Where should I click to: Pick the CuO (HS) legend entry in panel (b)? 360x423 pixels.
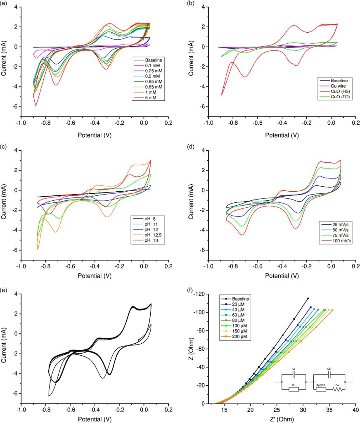pyautogui.click(x=334, y=91)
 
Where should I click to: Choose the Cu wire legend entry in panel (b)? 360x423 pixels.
pyautogui.click(x=334, y=86)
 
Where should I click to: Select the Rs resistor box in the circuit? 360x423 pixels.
pyautogui.click(x=294, y=389)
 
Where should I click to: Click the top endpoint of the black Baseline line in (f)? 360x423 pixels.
pyautogui.click(x=308, y=298)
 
